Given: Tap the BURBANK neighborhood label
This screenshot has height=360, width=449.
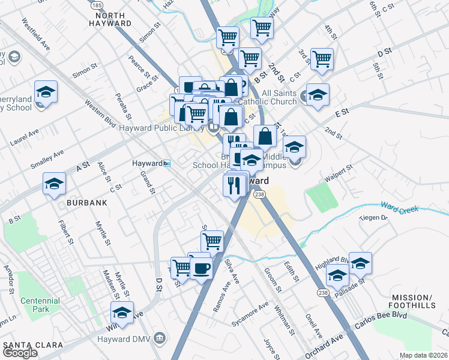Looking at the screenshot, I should (87, 203).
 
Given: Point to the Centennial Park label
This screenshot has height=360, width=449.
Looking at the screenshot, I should (40, 304).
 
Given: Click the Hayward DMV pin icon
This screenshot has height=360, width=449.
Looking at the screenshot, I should (159, 338).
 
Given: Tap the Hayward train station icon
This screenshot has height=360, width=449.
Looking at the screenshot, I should (167, 163).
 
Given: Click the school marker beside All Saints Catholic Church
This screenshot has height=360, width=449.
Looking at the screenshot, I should (318, 94).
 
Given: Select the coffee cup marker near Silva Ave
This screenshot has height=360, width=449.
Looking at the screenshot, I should (201, 268).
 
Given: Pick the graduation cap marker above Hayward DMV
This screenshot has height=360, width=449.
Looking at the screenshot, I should (122, 313).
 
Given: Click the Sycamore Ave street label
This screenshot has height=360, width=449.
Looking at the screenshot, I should (251, 314).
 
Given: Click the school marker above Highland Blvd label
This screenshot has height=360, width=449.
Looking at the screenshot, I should (360, 263).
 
